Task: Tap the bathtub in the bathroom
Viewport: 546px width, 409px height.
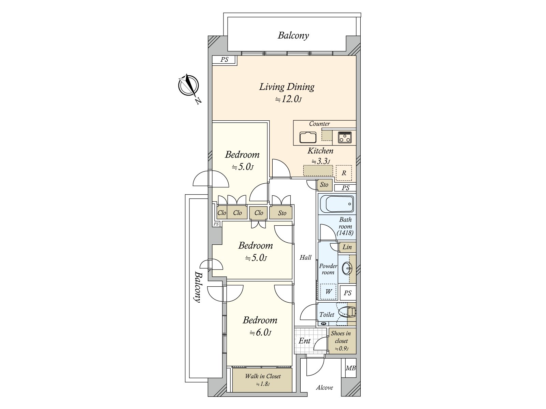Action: [337, 204]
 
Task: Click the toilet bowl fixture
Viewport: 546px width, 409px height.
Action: [347, 312]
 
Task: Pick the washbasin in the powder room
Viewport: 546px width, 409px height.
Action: [347, 269]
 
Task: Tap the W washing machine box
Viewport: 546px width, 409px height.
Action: [328, 291]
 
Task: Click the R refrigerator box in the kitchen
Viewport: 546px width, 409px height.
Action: [344, 173]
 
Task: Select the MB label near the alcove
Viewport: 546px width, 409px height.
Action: [350, 368]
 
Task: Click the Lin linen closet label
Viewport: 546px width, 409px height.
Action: [347, 247]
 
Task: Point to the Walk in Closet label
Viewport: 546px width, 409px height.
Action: [263, 376]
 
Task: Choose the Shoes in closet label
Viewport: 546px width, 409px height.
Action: [341, 337]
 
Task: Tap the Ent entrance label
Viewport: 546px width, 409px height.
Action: [305, 341]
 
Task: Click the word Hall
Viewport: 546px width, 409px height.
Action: [305, 258]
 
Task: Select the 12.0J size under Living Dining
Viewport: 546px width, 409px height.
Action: [289, 99]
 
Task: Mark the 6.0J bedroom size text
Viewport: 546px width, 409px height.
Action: [260, 332]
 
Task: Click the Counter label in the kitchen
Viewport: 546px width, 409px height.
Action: [319, 124]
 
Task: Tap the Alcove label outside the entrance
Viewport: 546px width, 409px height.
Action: [325, 388]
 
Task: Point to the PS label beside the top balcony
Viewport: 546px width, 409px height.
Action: [224, 60]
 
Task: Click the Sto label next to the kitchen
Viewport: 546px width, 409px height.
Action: [324, 185]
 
